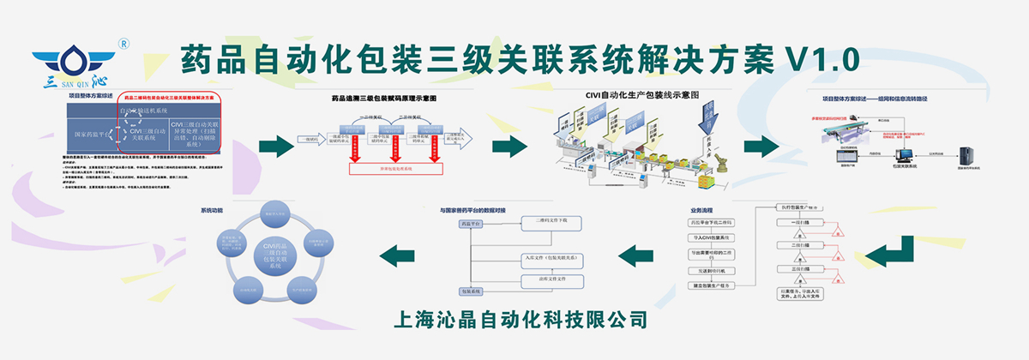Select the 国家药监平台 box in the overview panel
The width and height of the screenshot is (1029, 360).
89,135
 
